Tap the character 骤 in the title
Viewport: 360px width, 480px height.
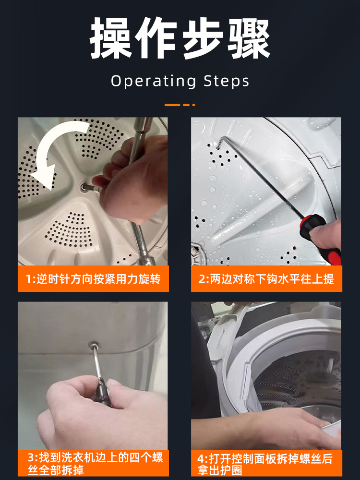tap(248, 38)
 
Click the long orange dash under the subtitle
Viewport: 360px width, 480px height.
tap(172, 105)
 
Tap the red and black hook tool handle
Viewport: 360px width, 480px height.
tap(320, 238)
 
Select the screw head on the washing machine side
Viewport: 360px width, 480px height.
tap(94, 345)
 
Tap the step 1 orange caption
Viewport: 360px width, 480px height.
tap(94, 278)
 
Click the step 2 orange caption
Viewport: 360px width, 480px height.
tap(266, 278)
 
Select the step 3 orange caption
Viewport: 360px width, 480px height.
tap(94, 463)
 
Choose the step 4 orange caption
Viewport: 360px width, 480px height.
tap(266, 463)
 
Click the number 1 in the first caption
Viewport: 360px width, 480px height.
tap(28, 279)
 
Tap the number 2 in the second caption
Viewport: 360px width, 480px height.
tap(203, 279)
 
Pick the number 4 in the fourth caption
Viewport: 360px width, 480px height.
tap(201, 459)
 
